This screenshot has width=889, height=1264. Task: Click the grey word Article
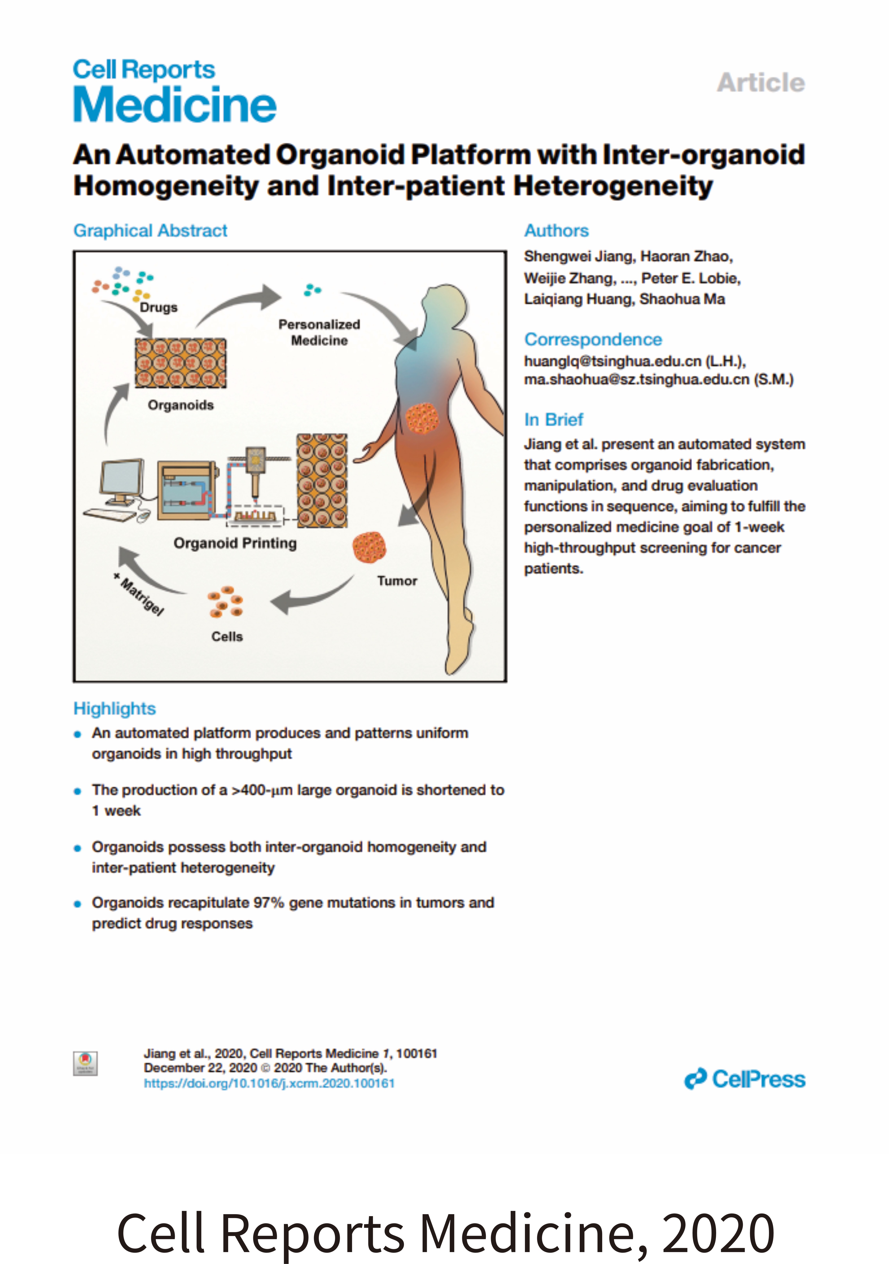pyautogui.click(x=761, y=83)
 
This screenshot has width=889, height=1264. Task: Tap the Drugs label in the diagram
pyautogui.click(x=159, y=307)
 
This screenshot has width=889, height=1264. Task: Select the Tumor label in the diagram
pyautogui.click(x=397, y=581)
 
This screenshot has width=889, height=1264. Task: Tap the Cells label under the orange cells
pyautogui.click(x=227, y=636)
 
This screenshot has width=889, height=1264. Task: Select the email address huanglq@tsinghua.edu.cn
pyautogui.click(x=613, y=361)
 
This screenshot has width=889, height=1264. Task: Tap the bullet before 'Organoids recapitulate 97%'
pyautogui.click(x=78, y=903)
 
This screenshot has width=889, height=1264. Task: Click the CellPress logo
pyautogui.click(x=745, y=1079)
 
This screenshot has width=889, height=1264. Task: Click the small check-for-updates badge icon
pyautogui.click(x=85, y=1063)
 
